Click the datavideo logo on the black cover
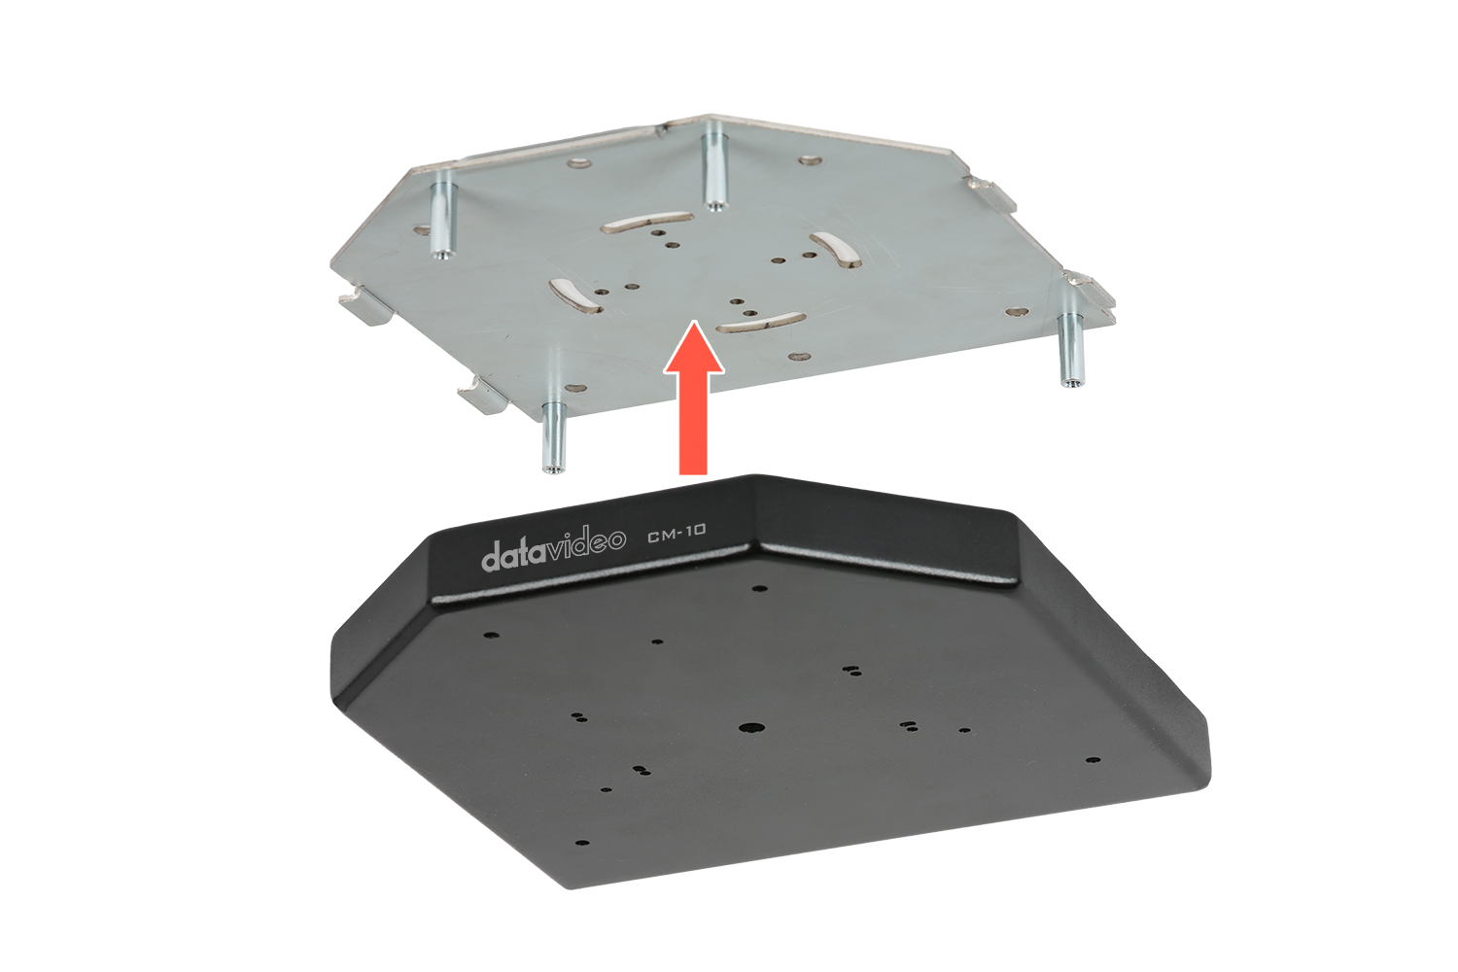[553, 548]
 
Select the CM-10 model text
[677, 533]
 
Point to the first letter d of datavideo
[492, 557]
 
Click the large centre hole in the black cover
[751, 728]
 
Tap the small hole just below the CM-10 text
[758, 589]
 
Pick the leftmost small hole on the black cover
[492, 634]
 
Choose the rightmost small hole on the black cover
[1094, 760]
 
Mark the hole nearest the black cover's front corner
[583, 843]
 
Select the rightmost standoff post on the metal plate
[1068, 350]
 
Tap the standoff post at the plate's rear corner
[715, 172]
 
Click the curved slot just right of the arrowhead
[760, 323]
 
